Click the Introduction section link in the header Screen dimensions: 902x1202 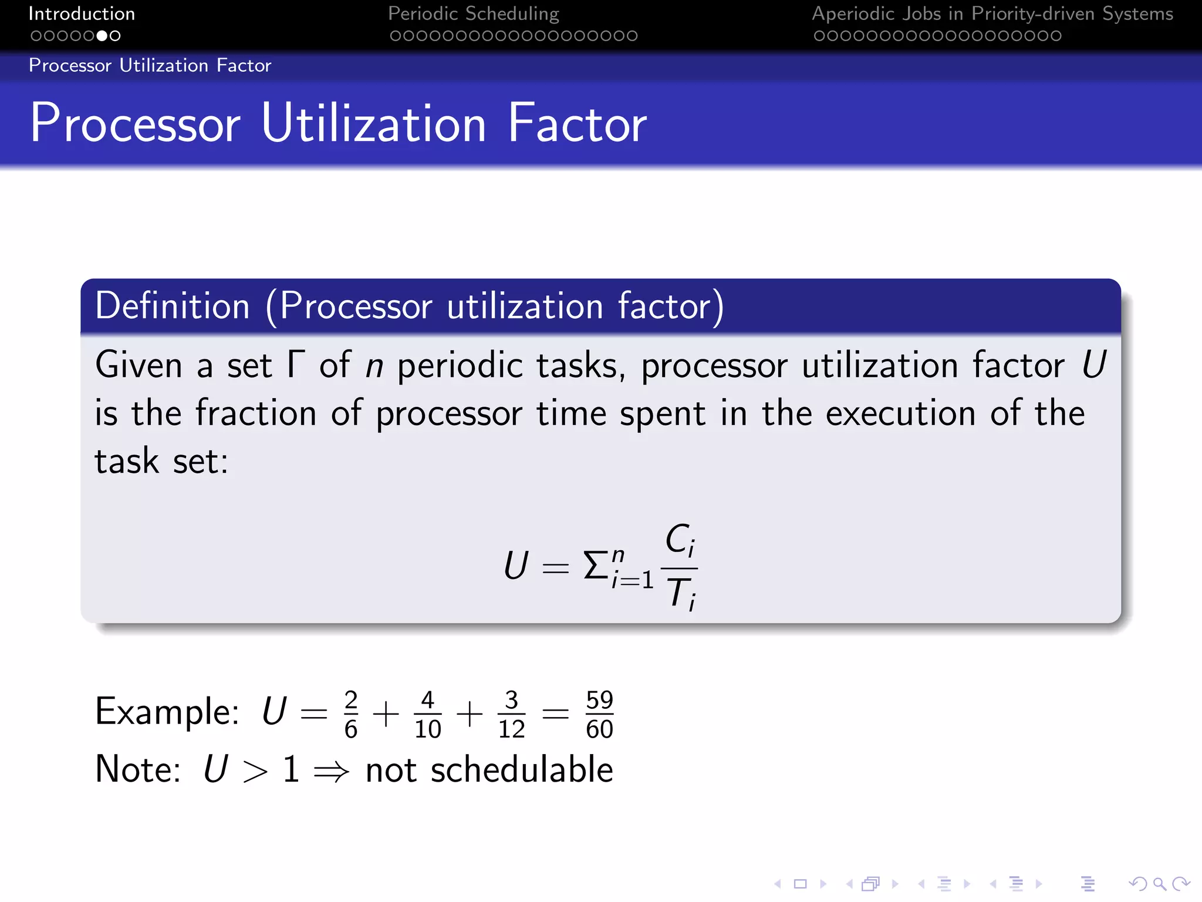(x=82, y=14)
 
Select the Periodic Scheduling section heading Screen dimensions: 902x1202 (x=473, y=14)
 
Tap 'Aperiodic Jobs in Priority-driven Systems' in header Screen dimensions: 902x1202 (x=992, y=14)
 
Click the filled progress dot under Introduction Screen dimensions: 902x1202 (x=102, y=36)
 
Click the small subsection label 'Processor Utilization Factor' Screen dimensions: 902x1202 (x=150, y=65)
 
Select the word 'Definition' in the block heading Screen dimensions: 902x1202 (x=173, y=306)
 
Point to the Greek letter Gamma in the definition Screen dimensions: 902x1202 (x=296, y=364)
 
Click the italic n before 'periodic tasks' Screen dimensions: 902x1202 (x=374, y=366)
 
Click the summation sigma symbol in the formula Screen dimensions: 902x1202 (x=595, y=566)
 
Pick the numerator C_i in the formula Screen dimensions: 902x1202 (x=680, y=539)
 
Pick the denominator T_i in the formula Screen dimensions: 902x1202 (x=681, y=593)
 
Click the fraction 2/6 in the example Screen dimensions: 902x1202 (x=350, y=714)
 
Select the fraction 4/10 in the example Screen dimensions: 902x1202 (x=427, y=714)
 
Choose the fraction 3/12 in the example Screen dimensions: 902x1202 (x=511, y=714)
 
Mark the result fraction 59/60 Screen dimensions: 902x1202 (x=599, y=714)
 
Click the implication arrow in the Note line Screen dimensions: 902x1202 (x=332, y=770)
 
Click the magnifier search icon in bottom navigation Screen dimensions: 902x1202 (x=1159, y=884)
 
